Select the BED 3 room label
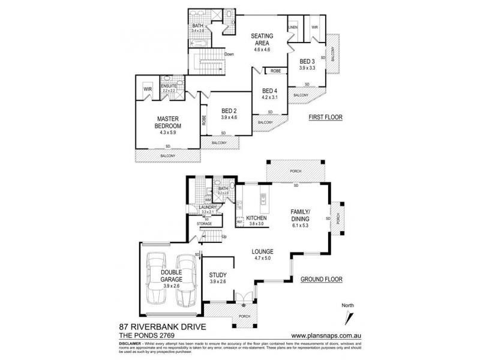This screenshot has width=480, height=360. coord(307,61)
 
